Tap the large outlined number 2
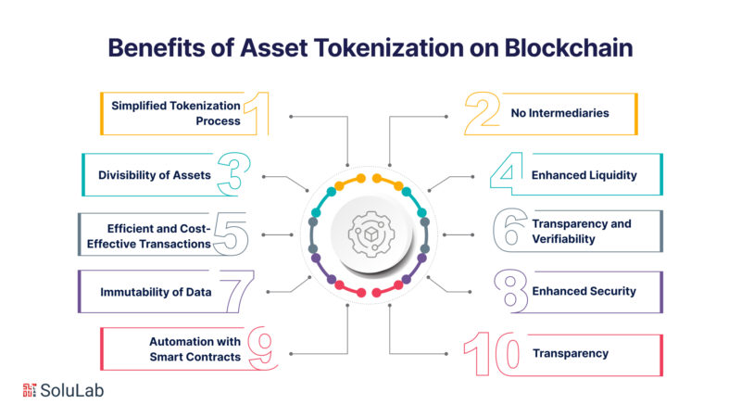[x=484, y=113]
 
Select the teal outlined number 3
[x=235, y=173]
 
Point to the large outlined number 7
[x=236, y=291]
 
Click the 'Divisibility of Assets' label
[x=155, y=174]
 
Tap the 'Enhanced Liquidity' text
[x=584, y=174]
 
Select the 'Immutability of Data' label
[x=157, y=292]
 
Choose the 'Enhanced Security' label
[x=584, y=291]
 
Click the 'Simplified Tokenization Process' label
[x=176, y=113]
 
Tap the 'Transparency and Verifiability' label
[x=581, y=231]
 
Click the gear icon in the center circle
[x=370, y=233]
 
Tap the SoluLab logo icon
[x=34, y=390]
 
